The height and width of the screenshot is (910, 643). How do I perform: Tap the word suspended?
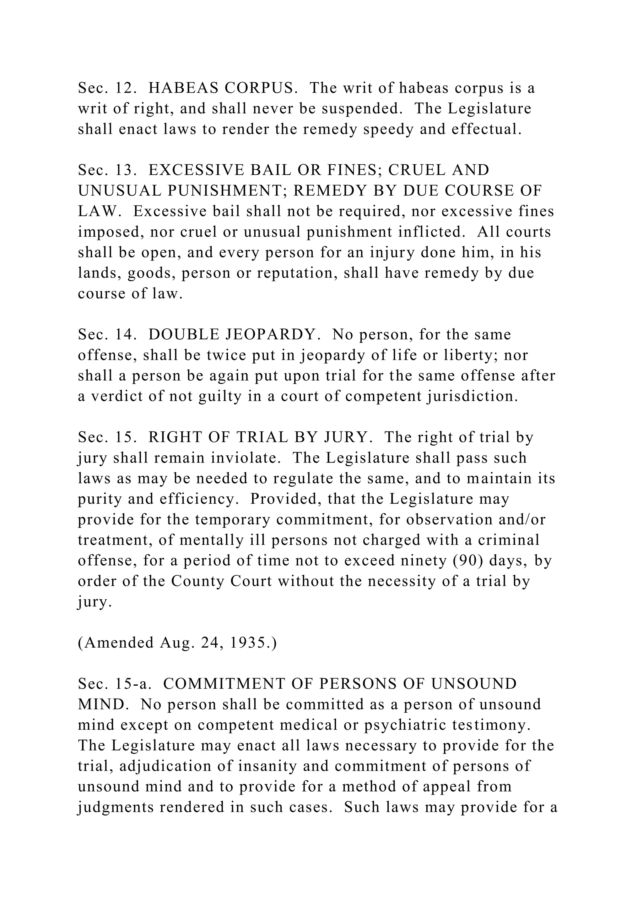(x=362, y=109)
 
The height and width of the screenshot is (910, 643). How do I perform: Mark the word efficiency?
(x=202, y=499)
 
